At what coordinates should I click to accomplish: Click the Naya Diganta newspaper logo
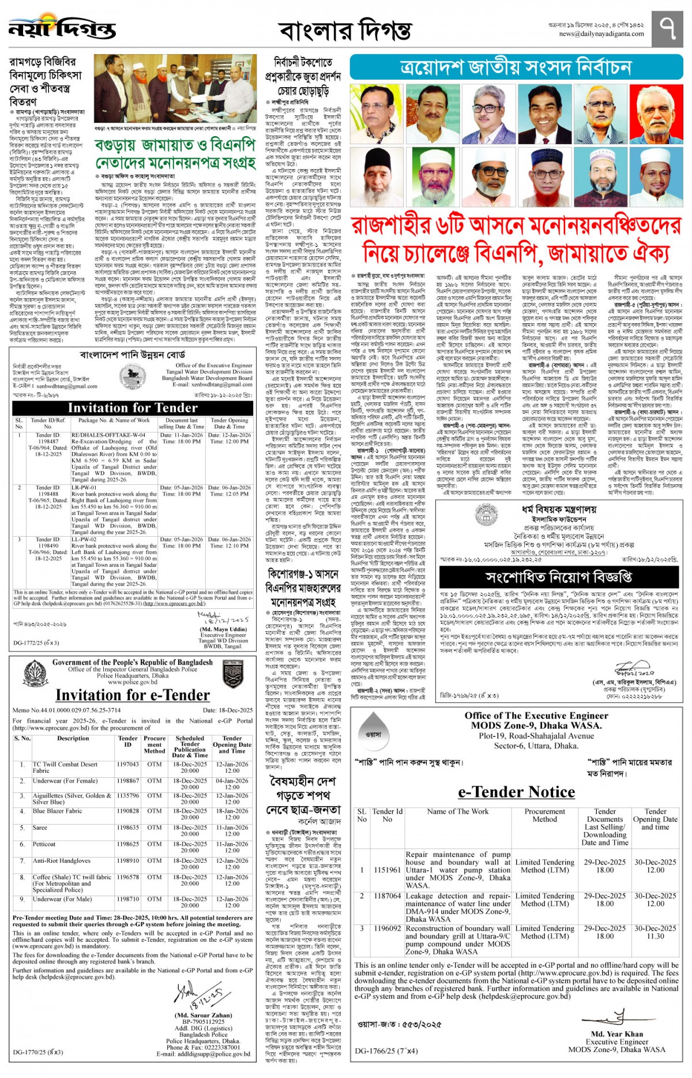click(x=62, y=28)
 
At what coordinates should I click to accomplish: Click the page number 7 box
click(x=667, y=28)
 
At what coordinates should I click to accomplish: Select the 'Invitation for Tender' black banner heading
click(x=133, y=408)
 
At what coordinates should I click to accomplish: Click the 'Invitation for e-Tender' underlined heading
click(x=133, y=695)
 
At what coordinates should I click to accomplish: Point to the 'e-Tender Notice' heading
click(x=516, y=792)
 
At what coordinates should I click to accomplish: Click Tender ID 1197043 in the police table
click(x=127, y=764)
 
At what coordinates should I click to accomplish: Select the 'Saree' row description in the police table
click(x=40, y=828)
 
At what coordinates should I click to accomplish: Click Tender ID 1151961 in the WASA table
click(x=387, y=870)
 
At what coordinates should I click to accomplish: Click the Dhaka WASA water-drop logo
click(x=373, y=735)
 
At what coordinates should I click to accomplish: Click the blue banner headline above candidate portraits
click(x=516, y=68)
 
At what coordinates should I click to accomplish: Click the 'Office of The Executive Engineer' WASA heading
click(x=536, y=716)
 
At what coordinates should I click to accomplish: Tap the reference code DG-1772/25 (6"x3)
click(x=36, y=642)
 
